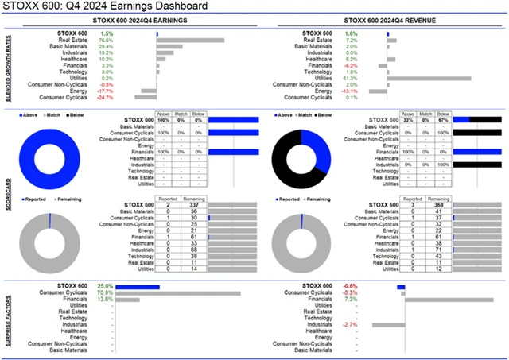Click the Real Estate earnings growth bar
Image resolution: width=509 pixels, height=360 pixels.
click(189, 40)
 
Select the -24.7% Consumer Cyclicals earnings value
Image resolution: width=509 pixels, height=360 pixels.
click(105, 97)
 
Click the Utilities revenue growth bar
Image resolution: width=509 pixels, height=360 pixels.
click(429, 78)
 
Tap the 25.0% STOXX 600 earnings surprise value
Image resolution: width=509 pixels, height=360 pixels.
click(104, 286)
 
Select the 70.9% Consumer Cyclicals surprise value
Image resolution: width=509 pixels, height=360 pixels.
click(104, 293)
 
